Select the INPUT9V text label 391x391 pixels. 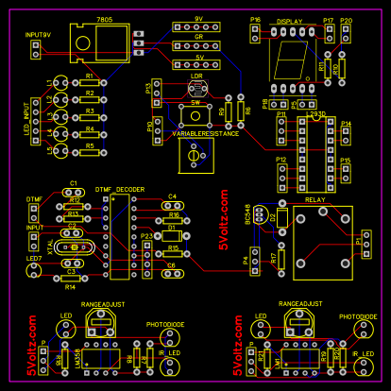[x=39, y=34]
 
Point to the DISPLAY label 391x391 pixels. [x=290, y=20]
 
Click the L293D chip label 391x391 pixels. [x=309, y=113]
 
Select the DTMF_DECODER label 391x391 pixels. [x=120, y=190]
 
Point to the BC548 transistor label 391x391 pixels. [x=248, y=216]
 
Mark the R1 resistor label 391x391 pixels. [x=90, y=76]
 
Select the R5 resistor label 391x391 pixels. [x=90, y=145]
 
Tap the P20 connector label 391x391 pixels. [x=346, y=20]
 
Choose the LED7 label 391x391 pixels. [x=33, y=258]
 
